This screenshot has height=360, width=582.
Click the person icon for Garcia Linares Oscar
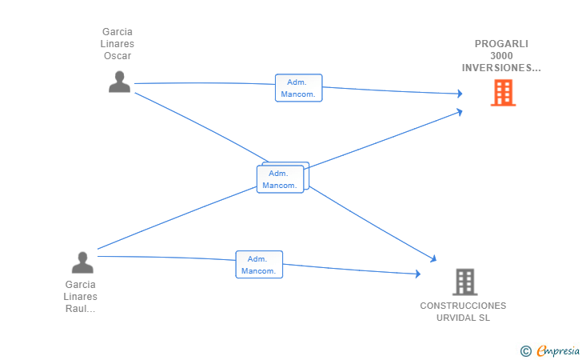coord(120,82)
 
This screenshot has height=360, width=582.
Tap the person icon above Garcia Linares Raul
coord(82,262)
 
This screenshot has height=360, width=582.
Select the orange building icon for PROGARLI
coord(504,93)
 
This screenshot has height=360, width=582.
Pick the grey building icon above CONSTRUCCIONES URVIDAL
coord(465,282)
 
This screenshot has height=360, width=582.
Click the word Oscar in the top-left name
coord(118,56)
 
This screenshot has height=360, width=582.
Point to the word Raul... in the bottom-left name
coord(80,309)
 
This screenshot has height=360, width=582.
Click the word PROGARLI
coord(501,44)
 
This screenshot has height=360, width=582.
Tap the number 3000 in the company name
coord(501,56)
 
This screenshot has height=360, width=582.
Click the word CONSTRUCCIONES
coord(463,306)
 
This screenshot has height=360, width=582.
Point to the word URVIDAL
coord(455,318)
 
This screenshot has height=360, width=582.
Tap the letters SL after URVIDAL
coord(484,318)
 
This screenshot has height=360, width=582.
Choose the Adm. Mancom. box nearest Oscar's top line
coord(299,88)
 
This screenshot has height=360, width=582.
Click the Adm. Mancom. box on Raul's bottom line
coord(259,265)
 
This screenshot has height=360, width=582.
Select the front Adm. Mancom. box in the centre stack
coord(281,179)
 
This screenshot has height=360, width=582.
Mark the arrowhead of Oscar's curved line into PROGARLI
coord(460,94)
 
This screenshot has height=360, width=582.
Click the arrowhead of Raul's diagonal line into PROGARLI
coord(460,112)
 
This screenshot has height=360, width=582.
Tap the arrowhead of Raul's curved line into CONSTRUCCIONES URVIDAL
coord(418,274)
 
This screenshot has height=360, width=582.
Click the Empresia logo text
coord(558,350)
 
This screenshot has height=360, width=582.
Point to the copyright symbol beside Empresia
coord(526,351)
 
